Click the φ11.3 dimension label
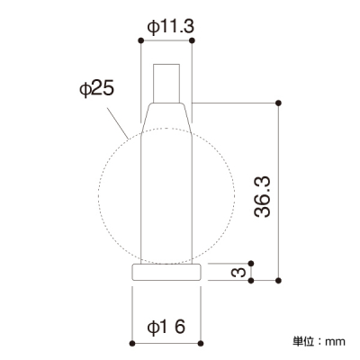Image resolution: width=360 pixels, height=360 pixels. point(171,27)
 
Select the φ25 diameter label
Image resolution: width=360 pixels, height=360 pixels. point(96,89)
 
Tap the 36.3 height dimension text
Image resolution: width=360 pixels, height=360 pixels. point(262,196)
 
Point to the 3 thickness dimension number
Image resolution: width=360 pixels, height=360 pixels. point(238,272)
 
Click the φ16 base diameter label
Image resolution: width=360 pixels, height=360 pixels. point(166,327)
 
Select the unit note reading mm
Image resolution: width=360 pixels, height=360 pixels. point(336,341)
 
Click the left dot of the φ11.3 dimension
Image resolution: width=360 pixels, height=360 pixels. point(140,40)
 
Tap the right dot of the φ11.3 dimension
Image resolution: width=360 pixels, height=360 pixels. point(192,40)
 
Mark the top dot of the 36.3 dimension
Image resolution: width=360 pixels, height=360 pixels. point(278,103)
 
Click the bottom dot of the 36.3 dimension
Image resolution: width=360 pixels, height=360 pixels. point(278,281)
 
